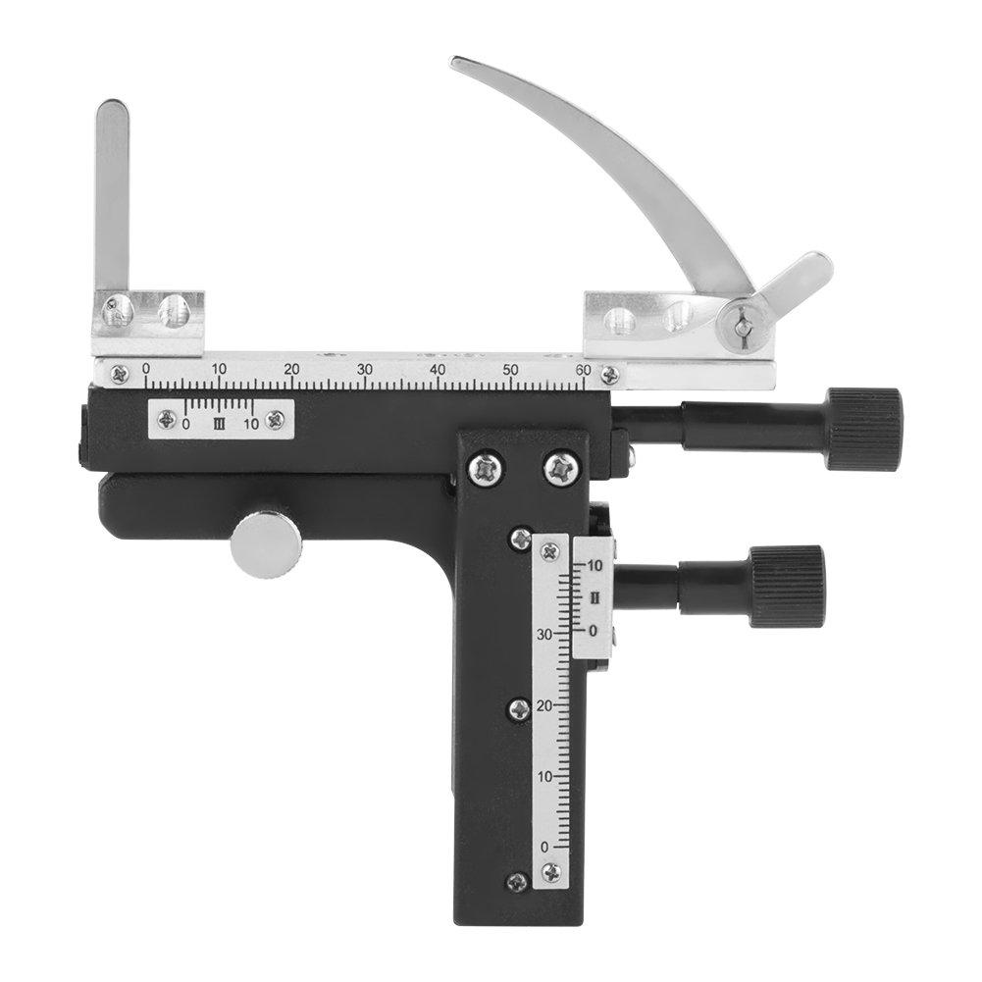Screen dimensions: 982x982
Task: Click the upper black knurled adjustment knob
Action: (x=862, y=429)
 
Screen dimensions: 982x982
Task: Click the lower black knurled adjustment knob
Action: (x=787, y=586)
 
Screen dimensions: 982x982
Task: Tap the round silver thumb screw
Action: (x=265, y=543)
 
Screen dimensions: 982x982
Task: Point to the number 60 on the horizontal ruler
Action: (x=583, y=369)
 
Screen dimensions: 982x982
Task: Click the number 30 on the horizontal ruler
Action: (x=364, y=369)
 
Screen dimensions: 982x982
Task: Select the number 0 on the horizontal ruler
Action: (x=146, y=369)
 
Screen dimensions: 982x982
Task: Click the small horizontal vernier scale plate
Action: (x=221, y=418)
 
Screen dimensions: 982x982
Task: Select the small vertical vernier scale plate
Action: (x=594, y=597)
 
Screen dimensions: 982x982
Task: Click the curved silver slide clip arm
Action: (x=628, y=157)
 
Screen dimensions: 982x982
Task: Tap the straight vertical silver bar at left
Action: (x=112, y=196)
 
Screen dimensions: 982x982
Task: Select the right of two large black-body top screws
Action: (x=560, y=468)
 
